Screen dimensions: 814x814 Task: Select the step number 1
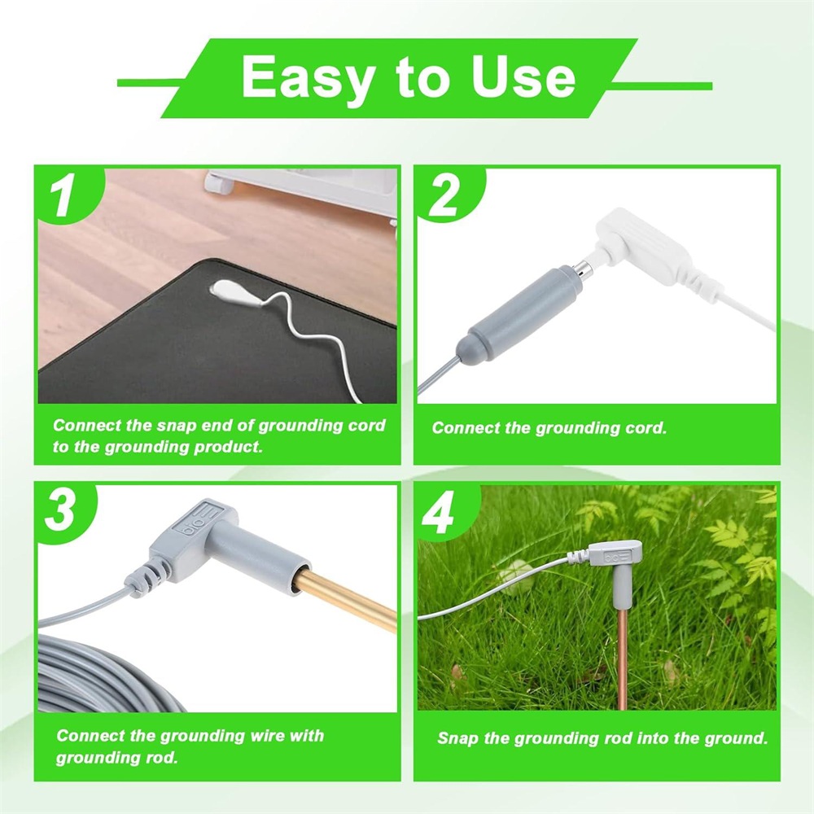(63, 197)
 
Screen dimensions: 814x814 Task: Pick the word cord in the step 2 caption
(642, 428)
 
